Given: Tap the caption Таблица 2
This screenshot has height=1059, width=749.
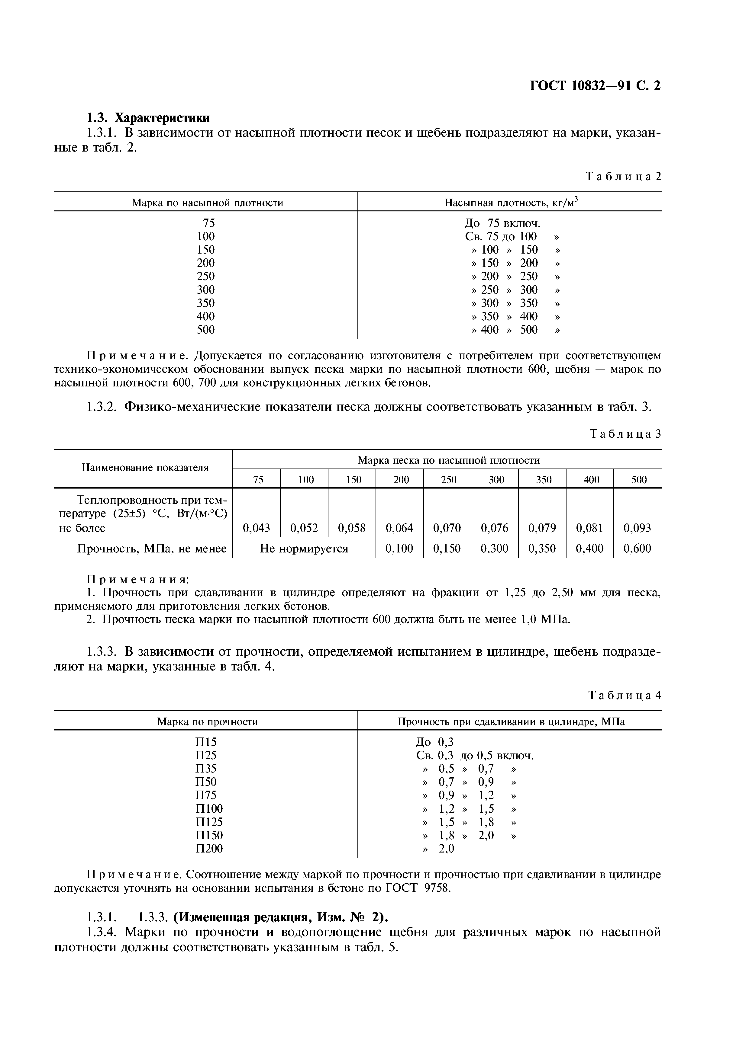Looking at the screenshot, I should click(623, 176).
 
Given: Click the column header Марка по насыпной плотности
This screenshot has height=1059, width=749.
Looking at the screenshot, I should click(207, 203).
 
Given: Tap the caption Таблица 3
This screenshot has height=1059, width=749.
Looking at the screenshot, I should click(625, 434).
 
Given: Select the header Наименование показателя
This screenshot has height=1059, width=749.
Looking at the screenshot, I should click(145, 468).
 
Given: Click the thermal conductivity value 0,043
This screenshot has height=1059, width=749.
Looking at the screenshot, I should click(256, 528).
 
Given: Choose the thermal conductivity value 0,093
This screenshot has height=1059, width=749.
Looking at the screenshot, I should click(637, 528).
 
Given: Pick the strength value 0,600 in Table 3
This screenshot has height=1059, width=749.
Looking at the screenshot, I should click(637, 549).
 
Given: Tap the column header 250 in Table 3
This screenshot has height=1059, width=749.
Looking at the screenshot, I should click(448, 480).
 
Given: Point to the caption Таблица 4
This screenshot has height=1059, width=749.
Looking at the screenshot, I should click(625, 696).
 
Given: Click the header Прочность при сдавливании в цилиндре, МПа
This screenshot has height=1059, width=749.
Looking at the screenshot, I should click(511, 722).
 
